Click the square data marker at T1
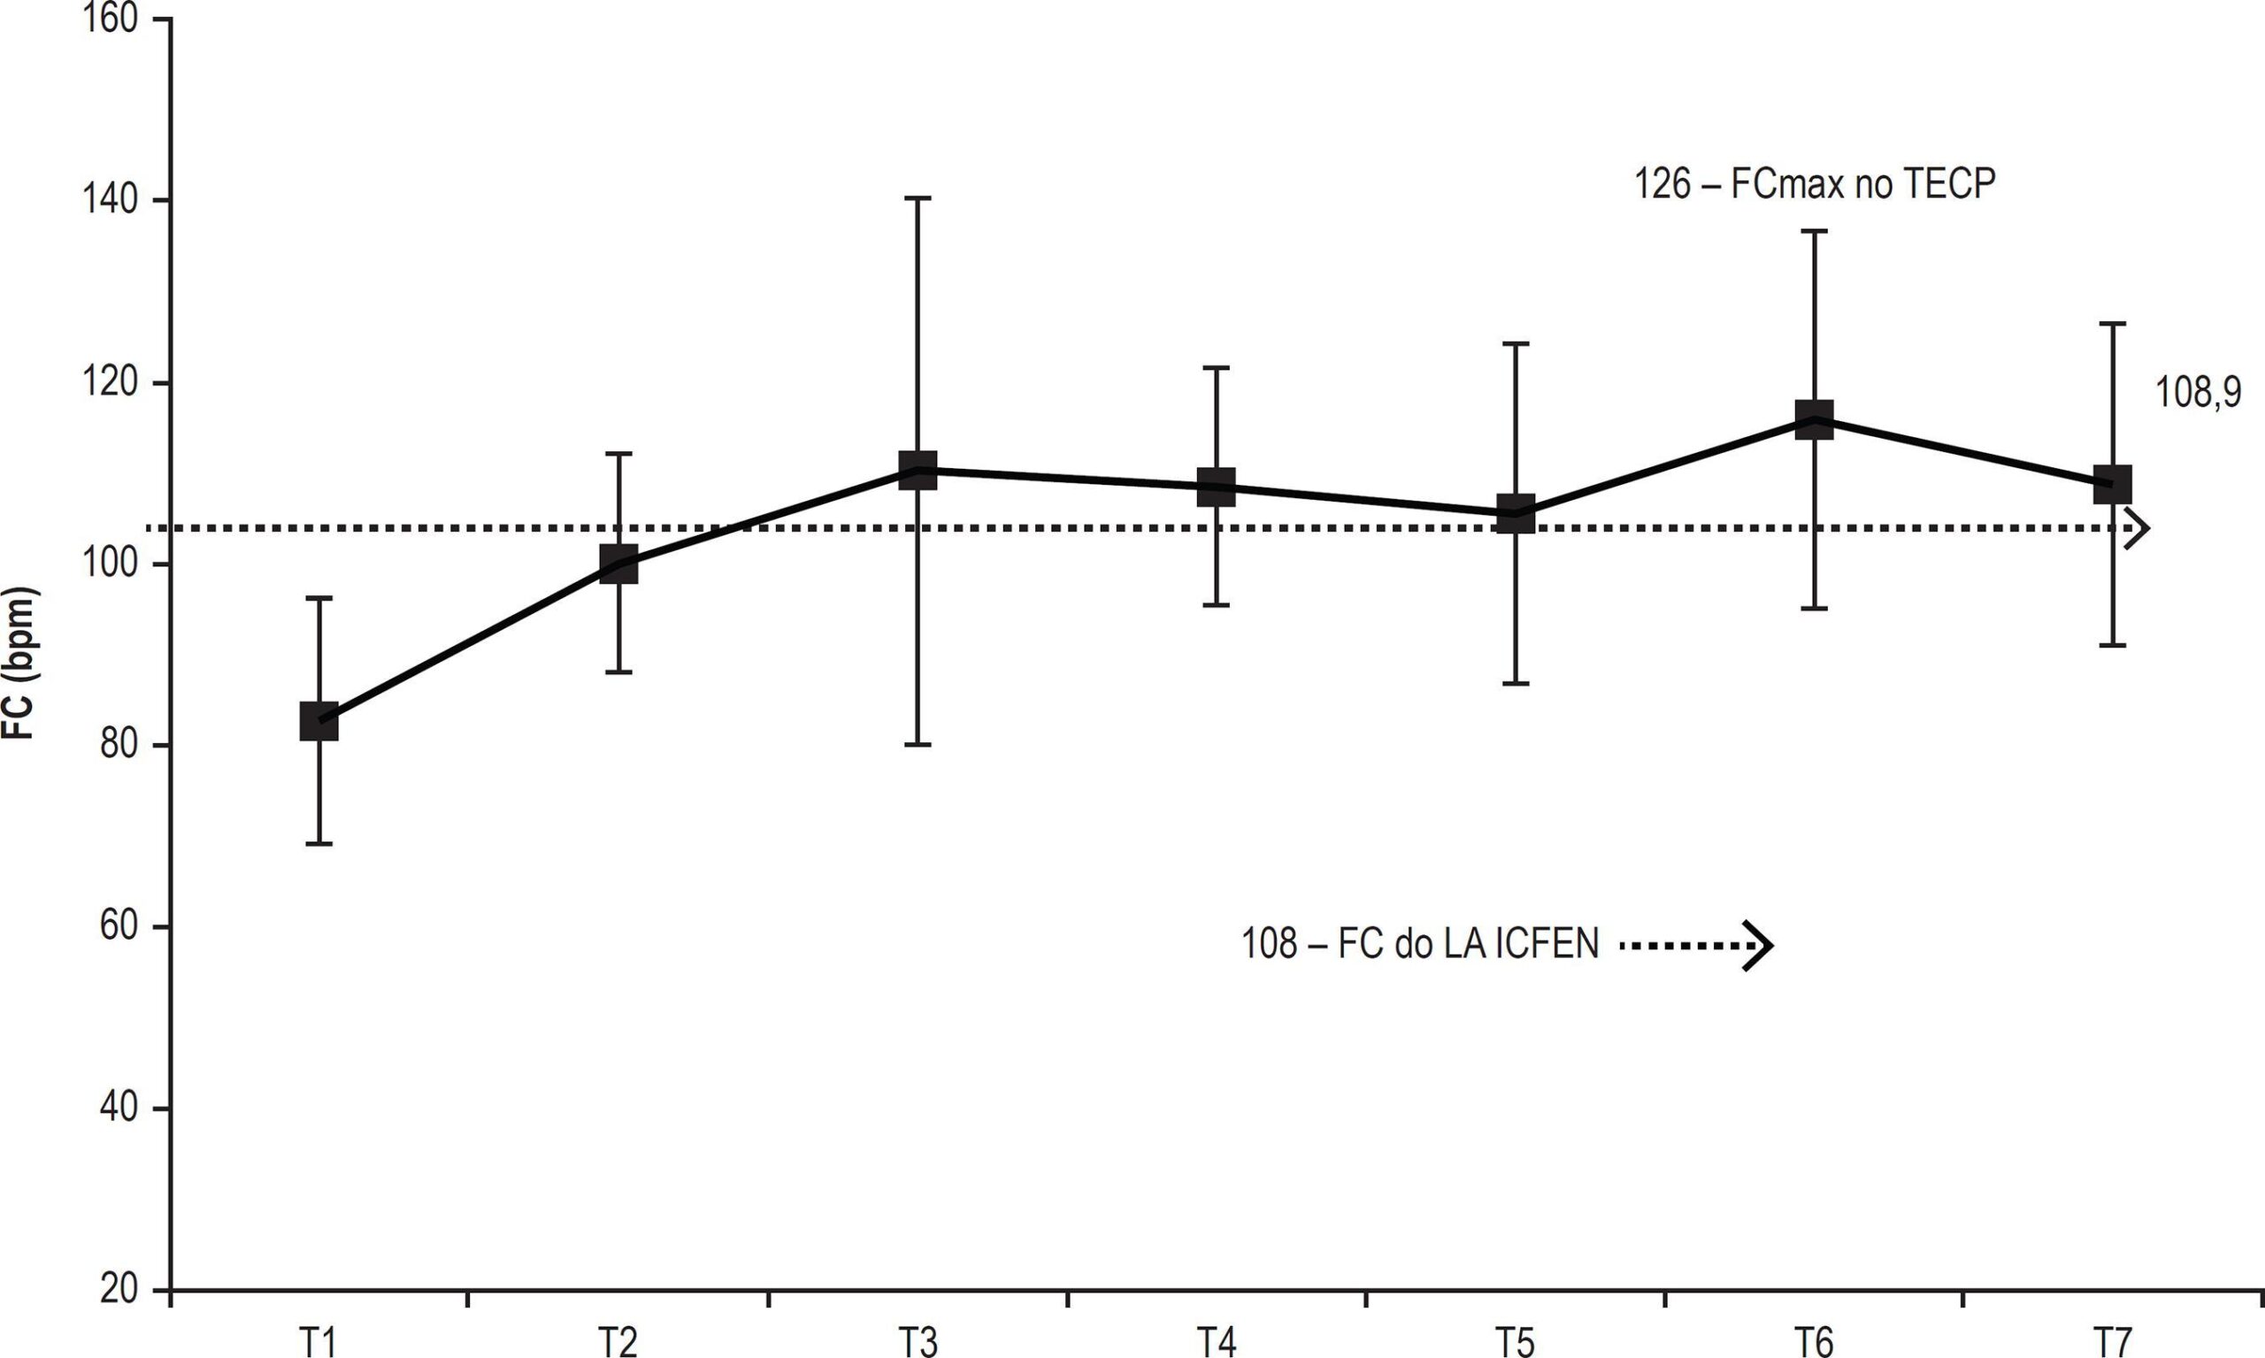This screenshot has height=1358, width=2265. (319, 721)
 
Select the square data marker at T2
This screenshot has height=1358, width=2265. (618, 564)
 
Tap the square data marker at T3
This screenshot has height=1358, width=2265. (918, 471)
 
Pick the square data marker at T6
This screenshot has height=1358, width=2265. (1814, 419)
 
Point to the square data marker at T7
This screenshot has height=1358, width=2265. (2112, 484)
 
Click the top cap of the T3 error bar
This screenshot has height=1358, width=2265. (918, 197)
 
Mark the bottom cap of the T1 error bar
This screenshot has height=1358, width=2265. (319, 843)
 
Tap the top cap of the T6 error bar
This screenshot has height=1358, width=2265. (1814, 232)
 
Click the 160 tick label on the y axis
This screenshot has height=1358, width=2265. (111, 19)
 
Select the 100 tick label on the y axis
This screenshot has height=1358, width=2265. (111, 564)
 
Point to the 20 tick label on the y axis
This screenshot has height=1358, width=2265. (119, 1290)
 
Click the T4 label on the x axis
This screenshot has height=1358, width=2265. (1217, 1342)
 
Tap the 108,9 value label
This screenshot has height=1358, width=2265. (2198, 394)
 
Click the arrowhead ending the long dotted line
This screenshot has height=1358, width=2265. (2136, 528)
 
